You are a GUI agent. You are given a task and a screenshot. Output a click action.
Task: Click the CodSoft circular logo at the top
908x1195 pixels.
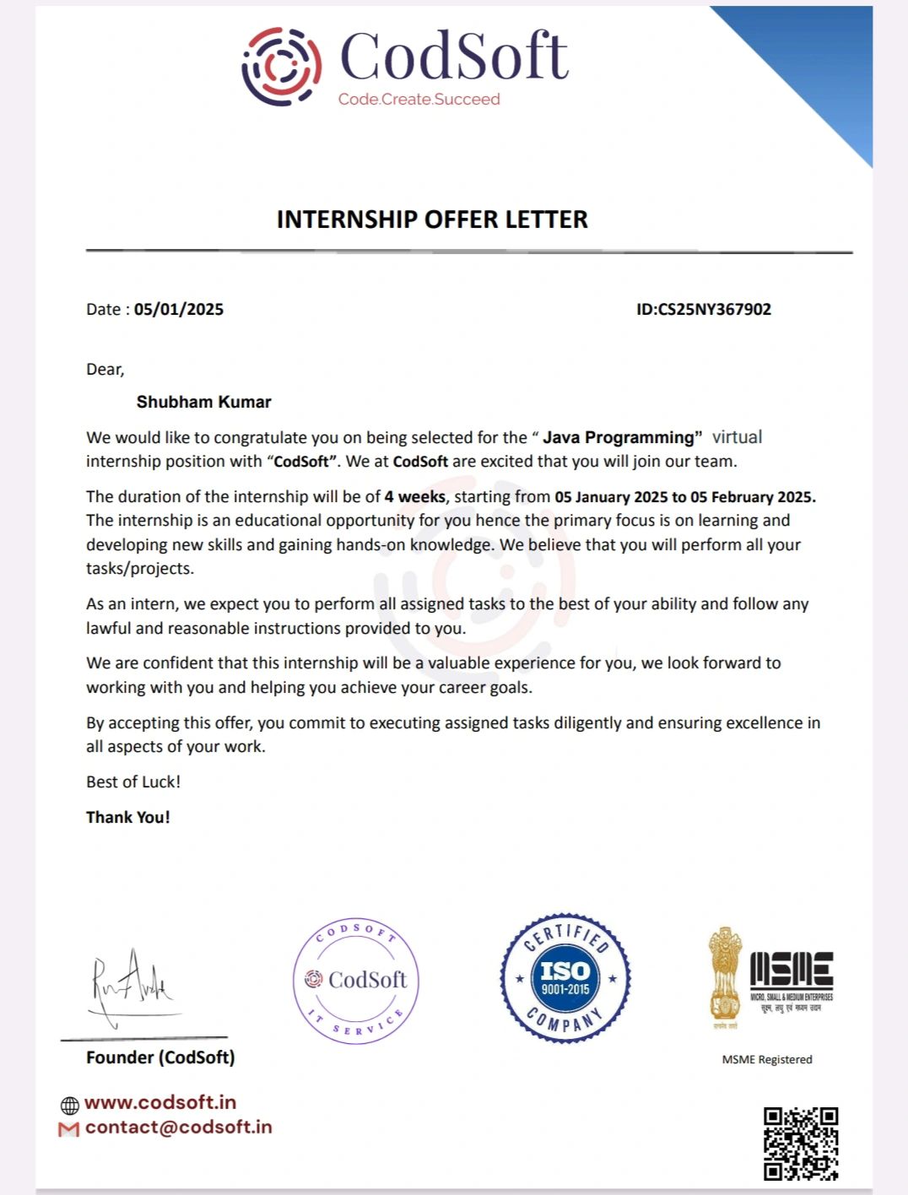pos(282,67)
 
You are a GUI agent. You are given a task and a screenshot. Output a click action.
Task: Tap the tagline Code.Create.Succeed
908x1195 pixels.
pos(419,100)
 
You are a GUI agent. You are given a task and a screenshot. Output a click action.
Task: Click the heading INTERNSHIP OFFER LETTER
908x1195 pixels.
pos(432,219)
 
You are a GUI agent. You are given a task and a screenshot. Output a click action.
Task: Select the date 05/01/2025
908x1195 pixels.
pos(179,309)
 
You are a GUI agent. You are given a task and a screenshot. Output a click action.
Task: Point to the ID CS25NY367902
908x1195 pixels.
pos(714,309)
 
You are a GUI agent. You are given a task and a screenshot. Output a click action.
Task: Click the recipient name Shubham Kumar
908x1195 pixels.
pos(204,402)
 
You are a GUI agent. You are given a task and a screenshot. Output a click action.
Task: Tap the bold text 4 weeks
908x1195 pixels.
pos(414,497)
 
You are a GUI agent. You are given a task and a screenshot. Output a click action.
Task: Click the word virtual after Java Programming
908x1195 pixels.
pos(737,437)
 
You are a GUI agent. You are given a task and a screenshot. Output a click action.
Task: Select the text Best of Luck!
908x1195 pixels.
pos(133,781)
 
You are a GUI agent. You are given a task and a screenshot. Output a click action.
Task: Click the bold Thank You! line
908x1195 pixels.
pos(128,817)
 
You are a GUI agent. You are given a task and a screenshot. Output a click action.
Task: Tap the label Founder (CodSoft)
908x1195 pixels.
pos(160,1057)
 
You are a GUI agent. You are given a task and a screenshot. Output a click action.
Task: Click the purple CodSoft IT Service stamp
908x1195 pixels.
pos(356,980)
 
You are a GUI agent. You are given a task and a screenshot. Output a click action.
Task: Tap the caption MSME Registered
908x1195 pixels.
pos(767,1059)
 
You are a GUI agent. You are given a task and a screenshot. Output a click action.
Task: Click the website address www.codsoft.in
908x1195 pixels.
pos(160,1102)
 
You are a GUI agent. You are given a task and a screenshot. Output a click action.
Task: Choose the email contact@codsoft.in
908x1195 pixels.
pos(179,1127)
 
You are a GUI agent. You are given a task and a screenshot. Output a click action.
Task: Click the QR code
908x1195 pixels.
pos(801,1144)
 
